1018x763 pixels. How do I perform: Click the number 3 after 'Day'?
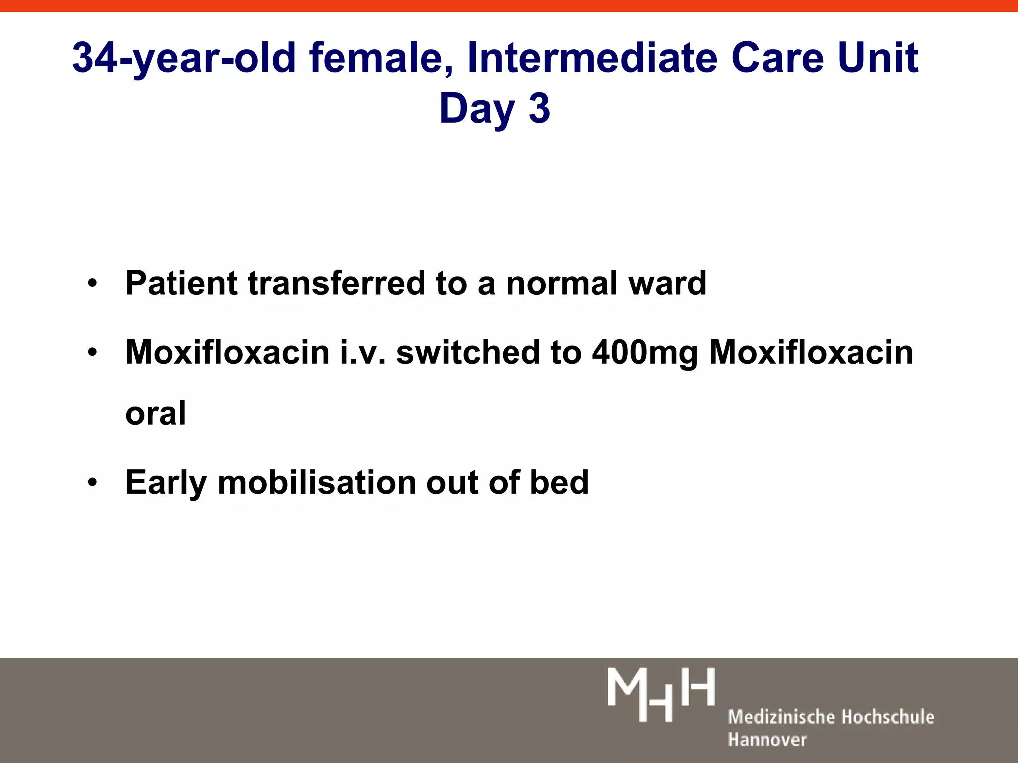pyautogui.click(x=539, y=109)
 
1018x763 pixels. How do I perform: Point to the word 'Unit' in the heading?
pyautogui.click(x=877, y=58)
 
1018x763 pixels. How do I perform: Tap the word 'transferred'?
pyautogui.click(x=336, y=283)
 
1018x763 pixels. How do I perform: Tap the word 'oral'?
pyautogui.click(x=156, y=413)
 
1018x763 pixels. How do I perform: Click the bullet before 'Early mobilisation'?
pyautogui.click(x=92, y=483)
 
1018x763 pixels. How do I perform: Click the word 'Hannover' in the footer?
pyautogui.click(x=767, y=740)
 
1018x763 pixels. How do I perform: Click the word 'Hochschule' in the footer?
pyautogui.click(x=887, y=717)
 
